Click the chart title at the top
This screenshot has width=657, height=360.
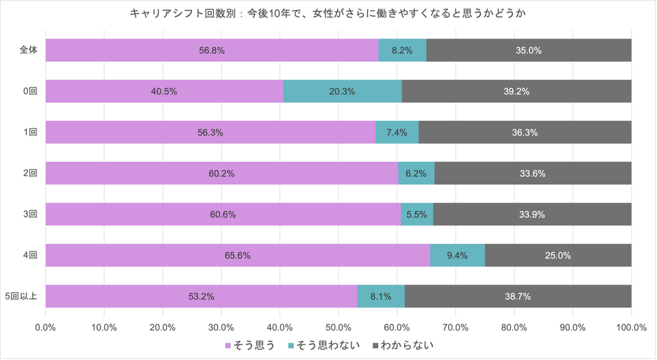[328, 13]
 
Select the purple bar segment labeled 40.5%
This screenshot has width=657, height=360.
[164, 91]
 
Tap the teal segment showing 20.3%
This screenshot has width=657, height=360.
[342, 91]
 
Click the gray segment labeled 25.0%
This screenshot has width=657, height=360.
[558, 256]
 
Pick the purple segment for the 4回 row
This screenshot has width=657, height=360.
[238, 256]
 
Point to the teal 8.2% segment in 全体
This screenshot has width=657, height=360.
[402, 50]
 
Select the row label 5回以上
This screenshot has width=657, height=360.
[24, 296]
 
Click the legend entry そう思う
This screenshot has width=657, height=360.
[249, 345]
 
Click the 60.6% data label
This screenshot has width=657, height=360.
[222, 215]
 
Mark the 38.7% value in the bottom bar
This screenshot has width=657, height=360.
[518, 296]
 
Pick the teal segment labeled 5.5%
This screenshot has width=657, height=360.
[417, 215]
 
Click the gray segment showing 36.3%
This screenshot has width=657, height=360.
[525, 132]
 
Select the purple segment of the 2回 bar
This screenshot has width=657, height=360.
[222, 173]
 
